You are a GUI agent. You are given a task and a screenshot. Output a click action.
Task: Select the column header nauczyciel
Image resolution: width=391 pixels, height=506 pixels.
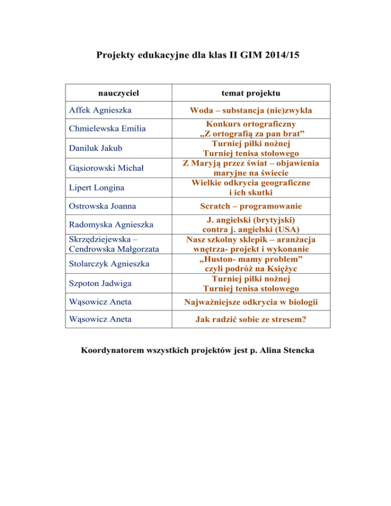tap(119, 94)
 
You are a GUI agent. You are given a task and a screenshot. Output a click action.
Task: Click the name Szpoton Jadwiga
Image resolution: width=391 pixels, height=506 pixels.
tap(100, 283)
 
